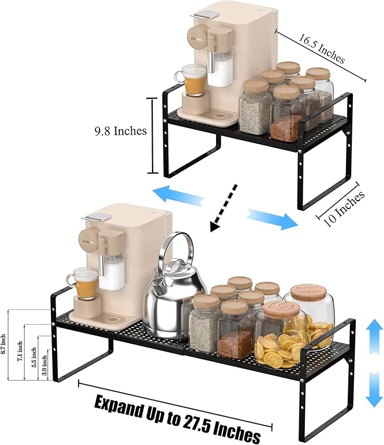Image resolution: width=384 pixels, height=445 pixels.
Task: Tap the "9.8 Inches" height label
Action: click(x=120, y=131)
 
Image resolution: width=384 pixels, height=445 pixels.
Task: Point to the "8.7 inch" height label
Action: click(x=4, y=345)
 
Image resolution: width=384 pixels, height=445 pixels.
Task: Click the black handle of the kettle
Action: click(x=176, y=249)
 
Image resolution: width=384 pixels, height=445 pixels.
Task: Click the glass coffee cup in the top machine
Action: click(x=194, y=80)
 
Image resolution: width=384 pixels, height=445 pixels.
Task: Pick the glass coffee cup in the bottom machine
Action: click(x=84, y=283)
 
